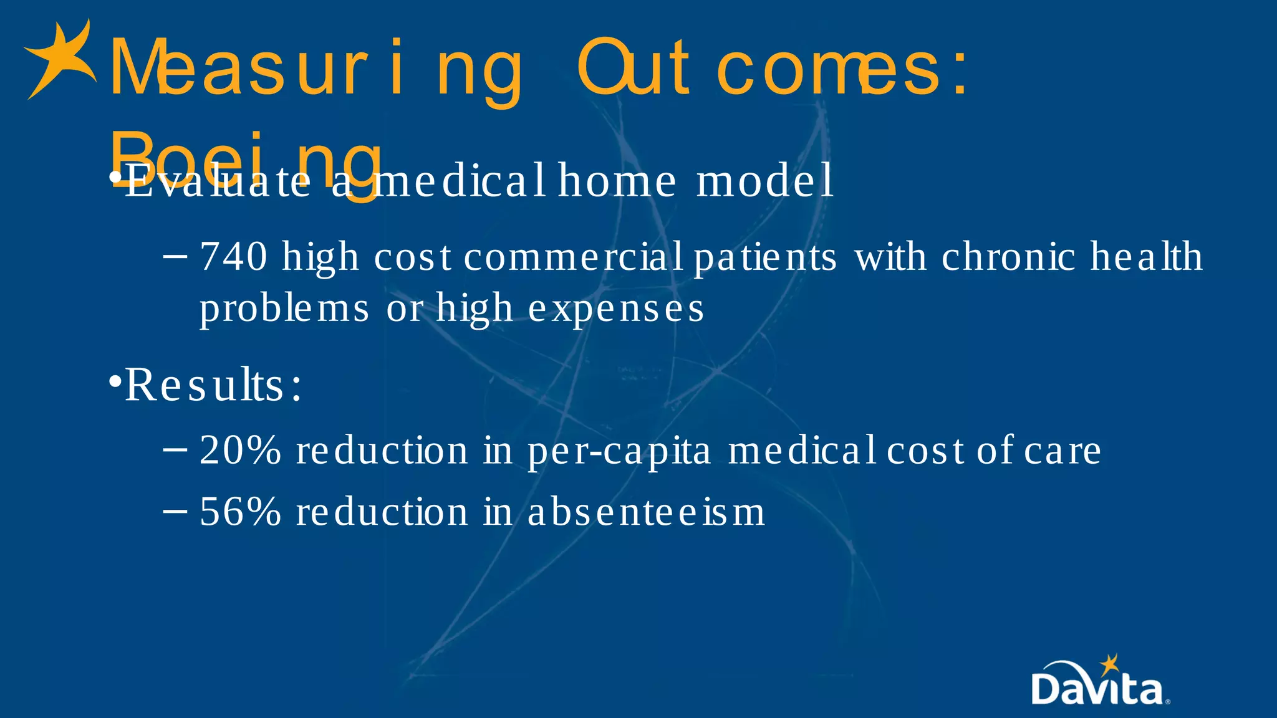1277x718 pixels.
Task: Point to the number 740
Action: [234, 257]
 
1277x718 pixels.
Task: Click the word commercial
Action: [574, 257]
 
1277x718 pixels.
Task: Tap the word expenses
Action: [616, 309]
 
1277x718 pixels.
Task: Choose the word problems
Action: [284, 309]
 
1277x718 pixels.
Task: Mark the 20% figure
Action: [240, 451]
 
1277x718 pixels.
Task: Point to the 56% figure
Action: [240, 512]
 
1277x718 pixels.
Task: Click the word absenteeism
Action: [646, 512]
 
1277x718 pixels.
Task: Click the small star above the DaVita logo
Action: [1109, 664]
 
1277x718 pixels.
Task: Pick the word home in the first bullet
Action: [617, 181]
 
